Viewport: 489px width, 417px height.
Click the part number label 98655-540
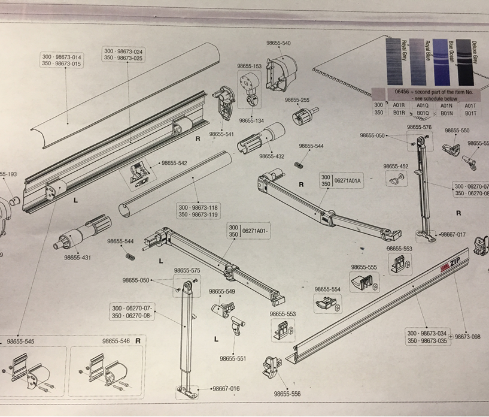coord(278,44)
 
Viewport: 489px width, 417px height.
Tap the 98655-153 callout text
coord(250,67)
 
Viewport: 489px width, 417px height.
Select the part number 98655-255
coord(297,100)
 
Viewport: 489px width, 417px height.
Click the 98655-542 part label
coord(174,163)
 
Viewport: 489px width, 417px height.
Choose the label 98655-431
coord(78,258)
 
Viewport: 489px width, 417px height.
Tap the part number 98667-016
coord(226,389)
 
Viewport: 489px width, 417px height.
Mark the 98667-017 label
coord(452,235)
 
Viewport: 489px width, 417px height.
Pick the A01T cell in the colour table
coord(470,105)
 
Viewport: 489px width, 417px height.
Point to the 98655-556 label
coord(287,394)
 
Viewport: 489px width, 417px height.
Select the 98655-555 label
coord(364,267)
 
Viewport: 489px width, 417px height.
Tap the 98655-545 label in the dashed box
coord(20,342)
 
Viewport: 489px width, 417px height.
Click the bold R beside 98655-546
coord(138,341)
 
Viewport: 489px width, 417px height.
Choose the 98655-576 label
coord(419,128)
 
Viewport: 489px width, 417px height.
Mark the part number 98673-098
coord(467,337)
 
